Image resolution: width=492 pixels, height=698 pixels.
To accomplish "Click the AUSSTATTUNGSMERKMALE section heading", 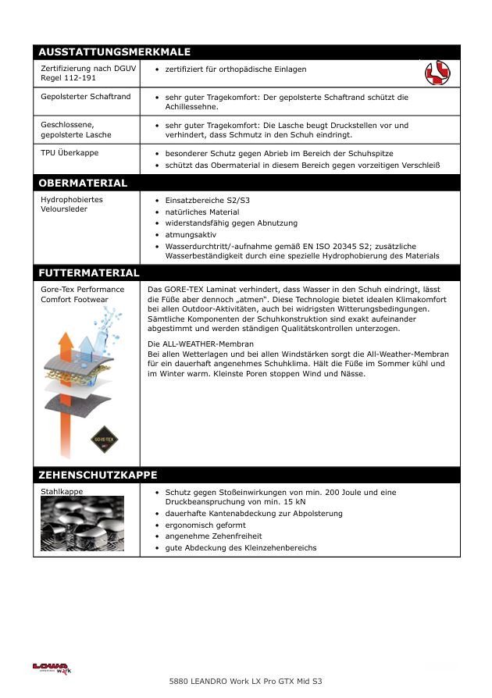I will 114,52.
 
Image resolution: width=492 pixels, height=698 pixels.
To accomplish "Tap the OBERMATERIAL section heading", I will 82,183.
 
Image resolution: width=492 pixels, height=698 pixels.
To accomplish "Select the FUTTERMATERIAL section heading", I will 88,273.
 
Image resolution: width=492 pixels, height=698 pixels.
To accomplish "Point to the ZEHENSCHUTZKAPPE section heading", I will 98,475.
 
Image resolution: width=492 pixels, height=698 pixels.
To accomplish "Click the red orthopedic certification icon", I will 437,74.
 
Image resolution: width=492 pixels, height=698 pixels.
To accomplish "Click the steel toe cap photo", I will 82,524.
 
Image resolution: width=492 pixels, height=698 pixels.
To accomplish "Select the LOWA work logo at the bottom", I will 51,669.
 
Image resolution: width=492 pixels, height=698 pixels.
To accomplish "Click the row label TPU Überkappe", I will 70,153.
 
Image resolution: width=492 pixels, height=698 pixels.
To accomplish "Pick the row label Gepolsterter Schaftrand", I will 86,97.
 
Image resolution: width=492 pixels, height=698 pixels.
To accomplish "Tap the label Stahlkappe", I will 62,492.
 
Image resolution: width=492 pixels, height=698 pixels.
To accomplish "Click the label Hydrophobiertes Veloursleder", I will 71,205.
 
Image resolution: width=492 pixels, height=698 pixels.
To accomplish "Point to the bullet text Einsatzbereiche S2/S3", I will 202,201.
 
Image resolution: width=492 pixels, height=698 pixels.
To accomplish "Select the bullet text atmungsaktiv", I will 191,234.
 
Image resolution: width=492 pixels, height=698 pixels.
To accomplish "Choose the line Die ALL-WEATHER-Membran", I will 201,344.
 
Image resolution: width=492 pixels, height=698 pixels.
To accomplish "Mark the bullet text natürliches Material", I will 202,212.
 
